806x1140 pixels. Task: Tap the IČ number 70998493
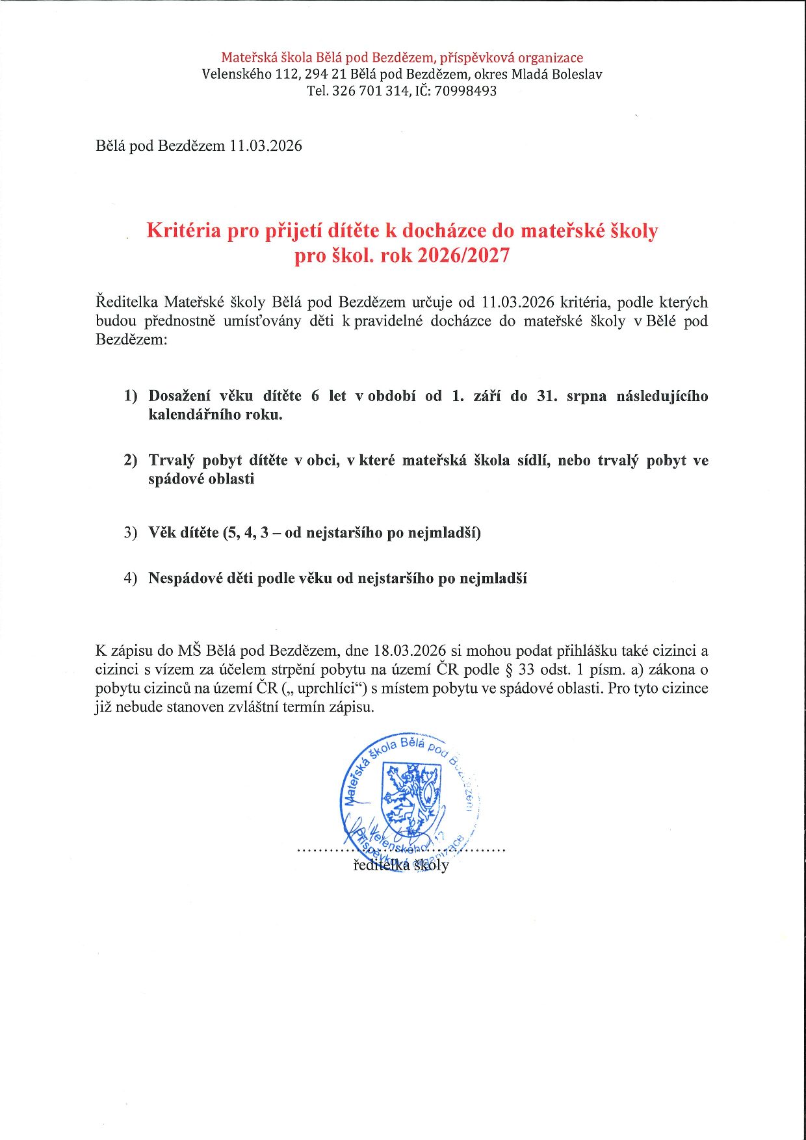465,91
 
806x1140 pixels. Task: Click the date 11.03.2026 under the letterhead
265,146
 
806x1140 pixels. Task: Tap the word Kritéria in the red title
183,231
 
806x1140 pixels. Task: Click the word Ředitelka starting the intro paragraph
127,302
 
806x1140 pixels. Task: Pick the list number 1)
131,396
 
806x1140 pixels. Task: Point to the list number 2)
131,460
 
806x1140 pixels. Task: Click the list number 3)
131,533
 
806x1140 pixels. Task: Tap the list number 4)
131,578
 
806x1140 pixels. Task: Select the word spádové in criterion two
175,479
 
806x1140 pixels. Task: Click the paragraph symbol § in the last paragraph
509,669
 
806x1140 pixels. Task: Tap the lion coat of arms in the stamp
411,799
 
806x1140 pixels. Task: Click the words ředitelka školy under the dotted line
401,865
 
